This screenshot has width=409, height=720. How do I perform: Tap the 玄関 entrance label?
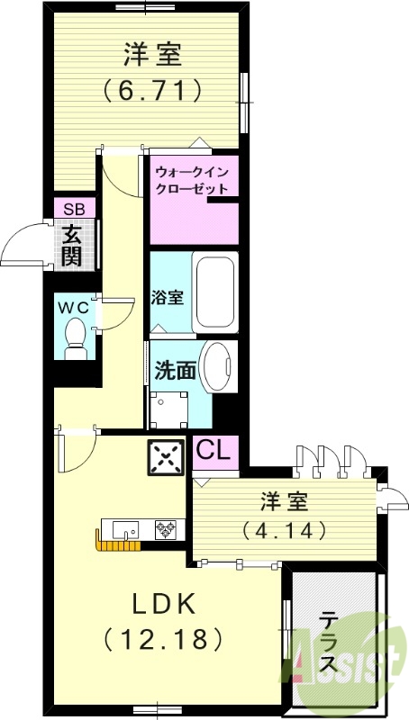click(x=73, y=245)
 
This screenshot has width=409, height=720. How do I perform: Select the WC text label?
click(x=74, y=307)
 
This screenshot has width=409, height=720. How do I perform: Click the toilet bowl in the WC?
click(x=76, y=337)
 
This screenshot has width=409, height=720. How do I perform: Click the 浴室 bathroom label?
click(x=168, y=297)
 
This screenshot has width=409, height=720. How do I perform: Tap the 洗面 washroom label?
click(x=175, y=370)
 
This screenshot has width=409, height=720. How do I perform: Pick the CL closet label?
click(x=215, y=448)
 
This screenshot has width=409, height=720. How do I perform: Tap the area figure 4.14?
click(x=283, y=531)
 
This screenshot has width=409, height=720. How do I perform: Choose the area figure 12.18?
click(x=163, y=640)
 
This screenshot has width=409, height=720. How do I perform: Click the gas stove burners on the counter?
click(x=166, y=528)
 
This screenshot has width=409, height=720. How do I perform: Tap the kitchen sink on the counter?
click(x=122, y=528)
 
